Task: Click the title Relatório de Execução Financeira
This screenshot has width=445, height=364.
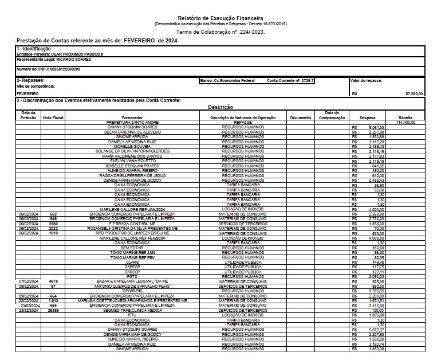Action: click(x=221, y=19)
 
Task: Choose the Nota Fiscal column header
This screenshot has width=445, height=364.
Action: click(x=53, y=118)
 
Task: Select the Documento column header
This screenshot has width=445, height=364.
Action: click(x=300, y=118)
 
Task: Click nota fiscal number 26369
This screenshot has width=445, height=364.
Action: click(x=53, y=311)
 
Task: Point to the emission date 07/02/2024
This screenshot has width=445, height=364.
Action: click(x=28, y=281)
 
